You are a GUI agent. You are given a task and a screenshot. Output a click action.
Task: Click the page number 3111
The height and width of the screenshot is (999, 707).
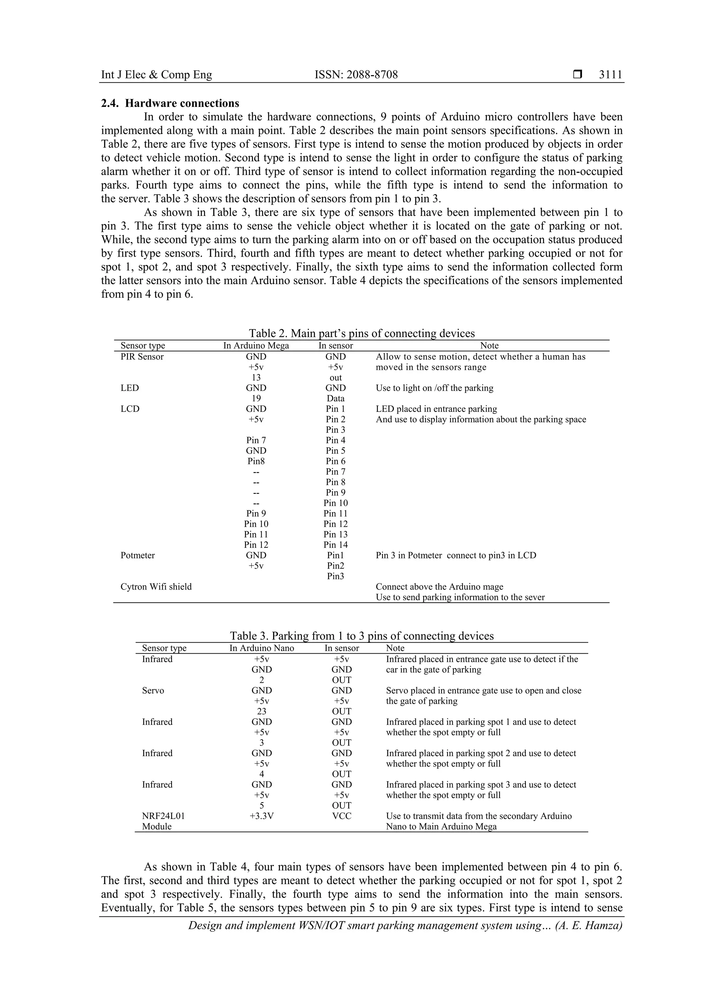pos(610,75)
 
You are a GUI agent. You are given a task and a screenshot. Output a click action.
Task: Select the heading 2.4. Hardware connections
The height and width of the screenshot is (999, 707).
pos(170,103)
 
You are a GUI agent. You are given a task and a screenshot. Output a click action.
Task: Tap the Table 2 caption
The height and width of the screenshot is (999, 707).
pos(361,333)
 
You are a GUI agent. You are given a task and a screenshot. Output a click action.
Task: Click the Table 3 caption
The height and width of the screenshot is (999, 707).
pos(361,636)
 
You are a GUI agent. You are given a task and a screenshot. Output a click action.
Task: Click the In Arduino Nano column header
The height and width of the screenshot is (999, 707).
pos(262,648)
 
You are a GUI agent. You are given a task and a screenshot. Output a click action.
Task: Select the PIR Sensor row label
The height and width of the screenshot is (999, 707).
pos(142,357)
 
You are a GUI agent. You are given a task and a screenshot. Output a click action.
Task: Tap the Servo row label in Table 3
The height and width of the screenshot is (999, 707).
pos(153,691)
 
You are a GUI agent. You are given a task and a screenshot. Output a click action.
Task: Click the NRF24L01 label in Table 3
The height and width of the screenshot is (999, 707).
pos(163,816)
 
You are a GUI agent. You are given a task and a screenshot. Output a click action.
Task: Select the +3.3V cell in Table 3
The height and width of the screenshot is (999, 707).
pos(262,816)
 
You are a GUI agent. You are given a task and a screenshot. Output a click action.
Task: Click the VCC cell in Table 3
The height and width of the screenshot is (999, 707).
pos(341,816)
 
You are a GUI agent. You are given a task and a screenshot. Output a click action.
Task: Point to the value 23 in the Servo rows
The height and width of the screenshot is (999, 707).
pos(262,711)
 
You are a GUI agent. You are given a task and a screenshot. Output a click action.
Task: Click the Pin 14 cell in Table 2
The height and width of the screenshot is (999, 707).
pos(336,545)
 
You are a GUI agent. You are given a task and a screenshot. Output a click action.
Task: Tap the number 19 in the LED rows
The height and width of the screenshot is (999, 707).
pos(256,398)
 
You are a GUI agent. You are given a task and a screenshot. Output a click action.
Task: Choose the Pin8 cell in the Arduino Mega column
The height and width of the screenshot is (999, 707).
pos(256,461)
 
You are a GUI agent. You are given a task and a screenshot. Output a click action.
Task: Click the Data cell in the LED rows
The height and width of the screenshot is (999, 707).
pos(336,398)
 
